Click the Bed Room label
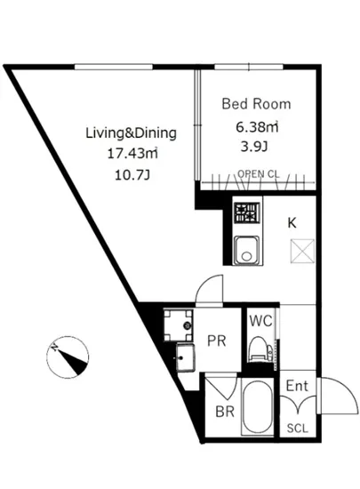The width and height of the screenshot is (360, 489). click(256, 104)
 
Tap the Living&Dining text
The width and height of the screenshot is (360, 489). click(131, 133)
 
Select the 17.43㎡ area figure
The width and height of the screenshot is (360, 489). click(132, 154)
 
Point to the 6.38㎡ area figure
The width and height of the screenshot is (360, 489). click(257, 127)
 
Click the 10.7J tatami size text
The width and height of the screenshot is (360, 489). click(132, 175)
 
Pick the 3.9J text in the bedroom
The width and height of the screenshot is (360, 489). click(254, 147)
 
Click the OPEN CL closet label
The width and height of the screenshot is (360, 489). click(259, 174)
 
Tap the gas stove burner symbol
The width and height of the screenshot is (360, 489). click(247, 213)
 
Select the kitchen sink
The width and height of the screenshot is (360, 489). click(247, 250)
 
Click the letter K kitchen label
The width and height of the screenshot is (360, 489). click(292, 223)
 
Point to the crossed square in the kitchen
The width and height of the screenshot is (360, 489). click(302, 251)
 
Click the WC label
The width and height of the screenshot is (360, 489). click(260, 321)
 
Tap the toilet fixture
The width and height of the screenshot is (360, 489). click(261, 349)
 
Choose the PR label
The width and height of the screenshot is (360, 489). click(217, 341)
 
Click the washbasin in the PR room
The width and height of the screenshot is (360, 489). click(185, 357)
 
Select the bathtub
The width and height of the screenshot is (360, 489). click(258, 405)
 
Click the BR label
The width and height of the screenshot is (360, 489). click(225, 412)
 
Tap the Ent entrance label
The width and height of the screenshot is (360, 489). click(297, 386)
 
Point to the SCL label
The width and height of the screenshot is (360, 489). click(298, 429)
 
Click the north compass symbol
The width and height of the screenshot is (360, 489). click(68, 357)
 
